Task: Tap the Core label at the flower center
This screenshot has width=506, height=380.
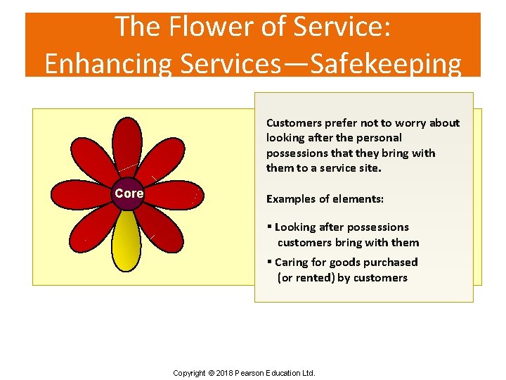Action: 129,194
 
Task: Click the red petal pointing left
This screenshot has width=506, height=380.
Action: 82,194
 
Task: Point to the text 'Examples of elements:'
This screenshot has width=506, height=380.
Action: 325,199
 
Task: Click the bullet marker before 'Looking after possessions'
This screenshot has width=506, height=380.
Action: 269,227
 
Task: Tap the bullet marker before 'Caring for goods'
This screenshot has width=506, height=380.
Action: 269,262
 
